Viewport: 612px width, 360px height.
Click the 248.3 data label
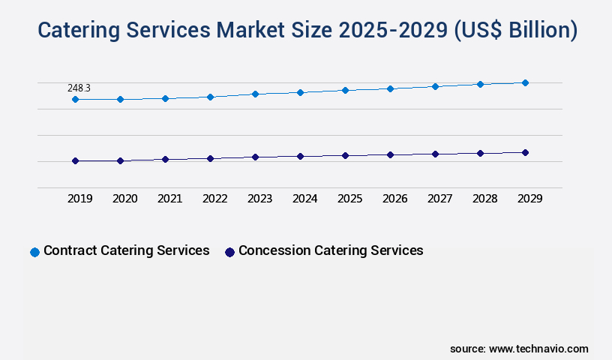point(79,88)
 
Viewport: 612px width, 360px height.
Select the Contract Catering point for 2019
point(75,99)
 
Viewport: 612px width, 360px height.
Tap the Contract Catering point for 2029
point(525,82)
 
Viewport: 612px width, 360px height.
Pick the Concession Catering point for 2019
point(75,160)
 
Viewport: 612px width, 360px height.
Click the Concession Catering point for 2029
point(525,152)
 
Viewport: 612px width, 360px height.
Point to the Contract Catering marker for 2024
point(300,92)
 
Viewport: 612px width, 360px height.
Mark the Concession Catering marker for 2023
point(255,157)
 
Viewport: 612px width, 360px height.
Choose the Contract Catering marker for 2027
point(435,86)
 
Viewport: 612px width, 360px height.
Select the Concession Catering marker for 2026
point(390,154)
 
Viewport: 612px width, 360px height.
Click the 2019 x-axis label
point(80,199)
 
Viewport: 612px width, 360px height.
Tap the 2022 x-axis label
point(215,199)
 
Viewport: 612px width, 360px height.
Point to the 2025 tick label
point(350,199)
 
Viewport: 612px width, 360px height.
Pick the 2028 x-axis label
point(485,199)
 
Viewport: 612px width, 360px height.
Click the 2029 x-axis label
point(530,199)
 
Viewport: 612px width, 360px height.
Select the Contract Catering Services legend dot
point(34,252)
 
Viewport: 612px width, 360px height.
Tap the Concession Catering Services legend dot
point(230,252)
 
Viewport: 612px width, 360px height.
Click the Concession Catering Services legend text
point(331,250)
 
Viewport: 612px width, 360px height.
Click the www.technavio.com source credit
point(538,349)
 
